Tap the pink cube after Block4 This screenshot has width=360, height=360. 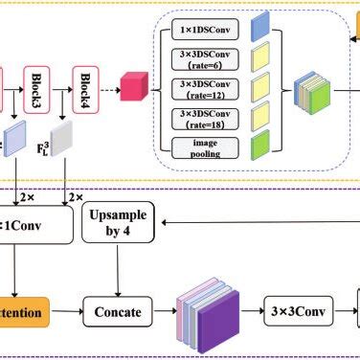click(x=132, y=89)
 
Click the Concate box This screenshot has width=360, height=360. click(x=118, y=310)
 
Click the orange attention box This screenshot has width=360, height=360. click(x=24, y=310)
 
